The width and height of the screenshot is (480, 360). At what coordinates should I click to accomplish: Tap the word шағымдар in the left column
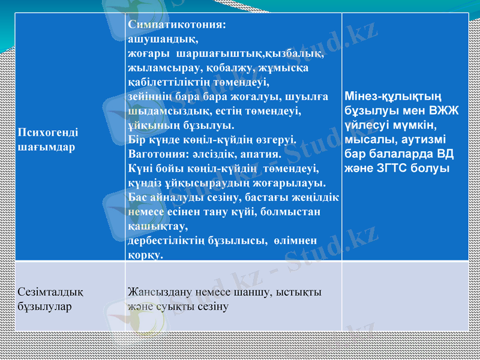pyautogui.click(x=47, y=147)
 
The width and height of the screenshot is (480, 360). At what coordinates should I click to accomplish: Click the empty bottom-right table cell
pyautogui.click(x=405, y=297)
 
